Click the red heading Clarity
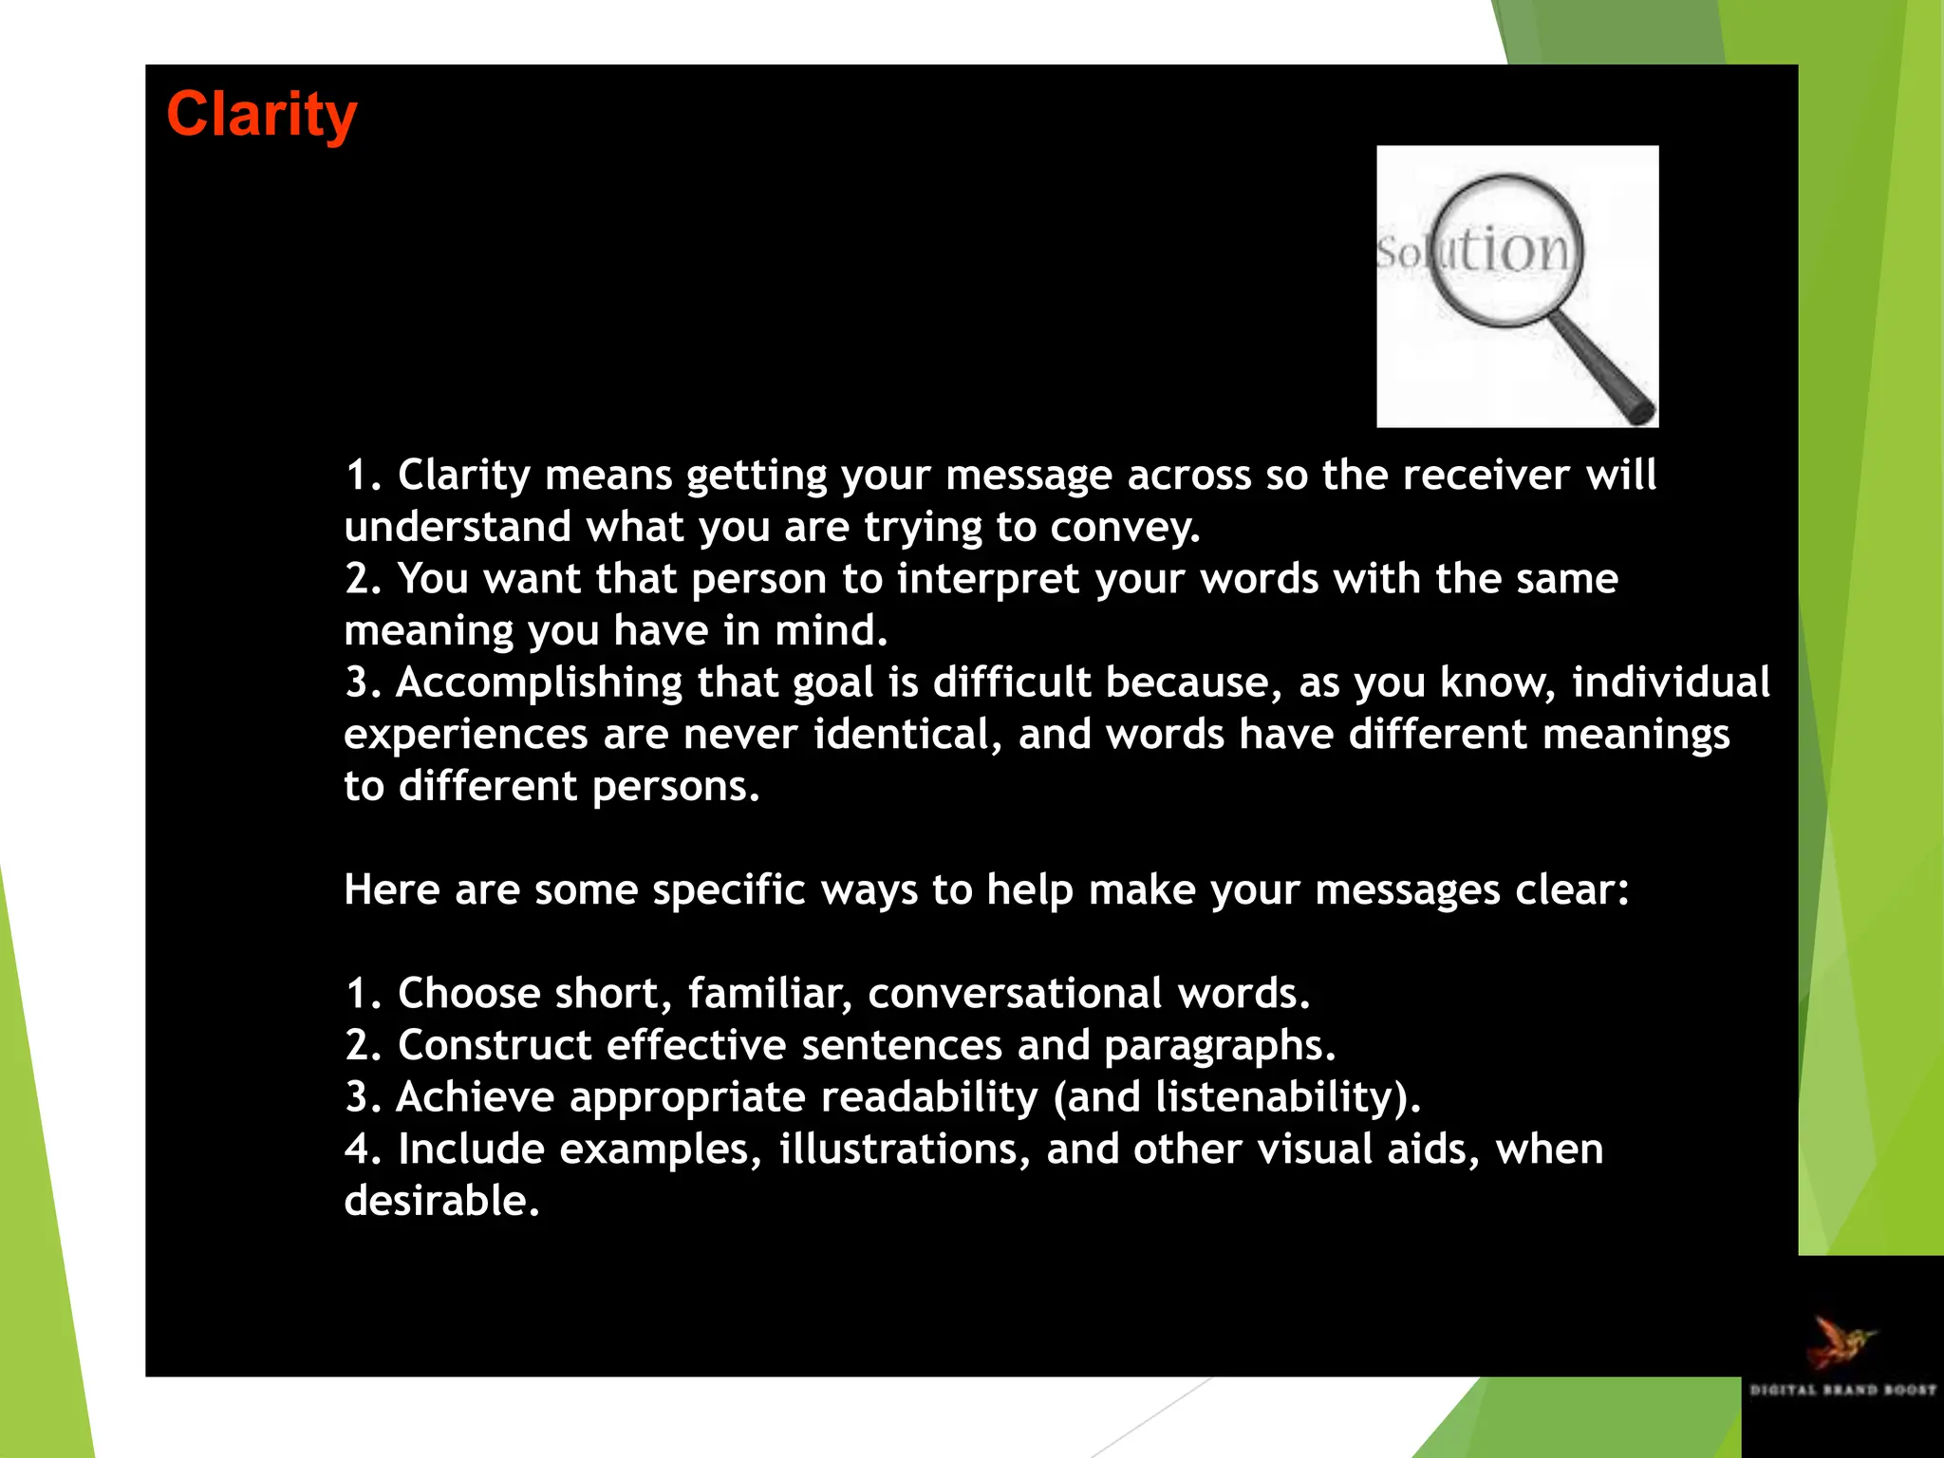pyautogui.click(x=262, y=116)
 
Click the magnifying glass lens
pyautogui.click(x=1507, y=252)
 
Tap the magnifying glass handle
pyautogui.click(x=1604, y=370)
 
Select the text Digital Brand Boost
pyautogui.click(x=1842, y=1390)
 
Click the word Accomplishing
pyautogui.click(x=539, y=682)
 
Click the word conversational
pyautogui.click(x=1014, y=993)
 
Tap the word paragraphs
pyautogui.click(x=1219, y=1045)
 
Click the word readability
pyautogui.click(x=928, y=1097)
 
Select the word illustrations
pyautogui.click(x=904, y=1149)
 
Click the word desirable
pyautogui.click(x=441, y=1201)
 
